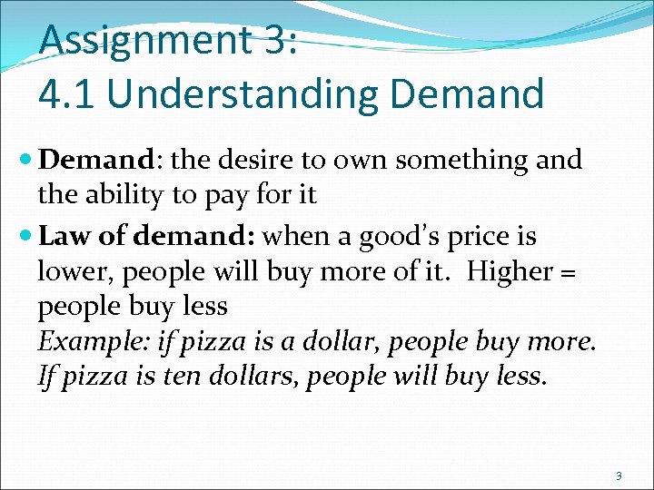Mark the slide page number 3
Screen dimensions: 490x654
click(x=619, y=475)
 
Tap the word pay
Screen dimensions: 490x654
click(x=234, y=194)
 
